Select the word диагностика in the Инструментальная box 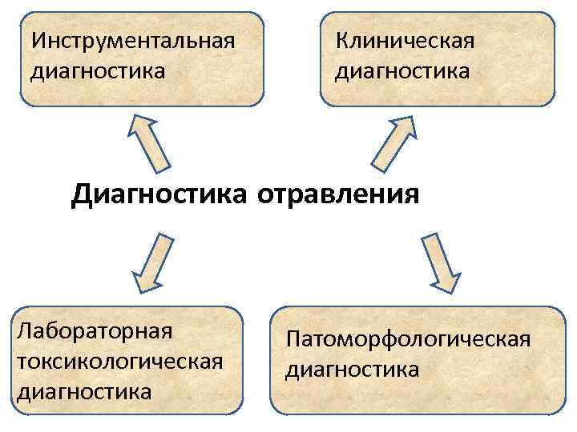(99, 71)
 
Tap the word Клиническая (405, 40)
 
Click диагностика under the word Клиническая (402, 71)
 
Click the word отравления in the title (338, 194)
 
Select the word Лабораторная (95, 330)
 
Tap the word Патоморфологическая (407, 339)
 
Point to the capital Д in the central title (80, 194)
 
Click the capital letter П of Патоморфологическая (293, 339)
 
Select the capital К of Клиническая (341, 40)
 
